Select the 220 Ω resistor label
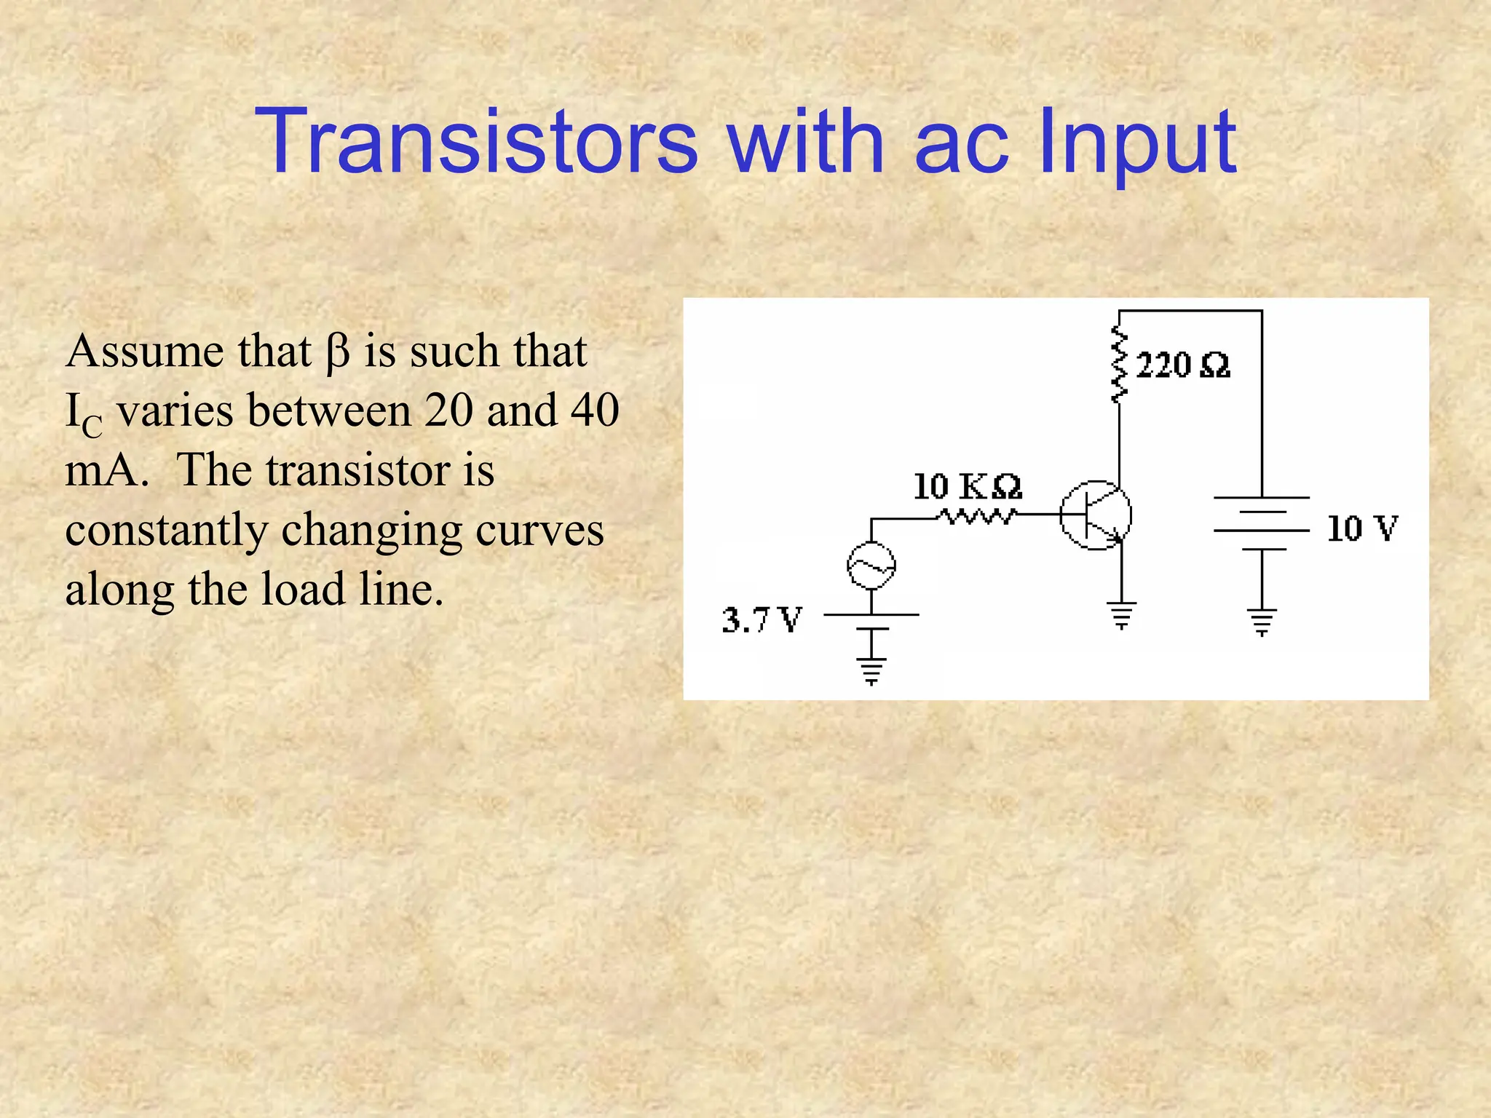(x=1182, y=365)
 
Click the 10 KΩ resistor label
(x=967, y=486)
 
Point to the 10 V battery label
(x=1361, y=528)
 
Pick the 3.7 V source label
(x=762, y=620)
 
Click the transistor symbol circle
(x=1095, y=515)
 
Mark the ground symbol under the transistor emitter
(x=1121, y=615)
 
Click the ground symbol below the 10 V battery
(x=1262, y=622)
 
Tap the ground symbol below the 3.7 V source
(x=871, y=671)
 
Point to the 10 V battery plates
(x=1262, y=523)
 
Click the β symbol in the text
(x=337, y=352)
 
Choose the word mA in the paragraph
(x=102, y=470)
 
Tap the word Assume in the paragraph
(x=144, y=351)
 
